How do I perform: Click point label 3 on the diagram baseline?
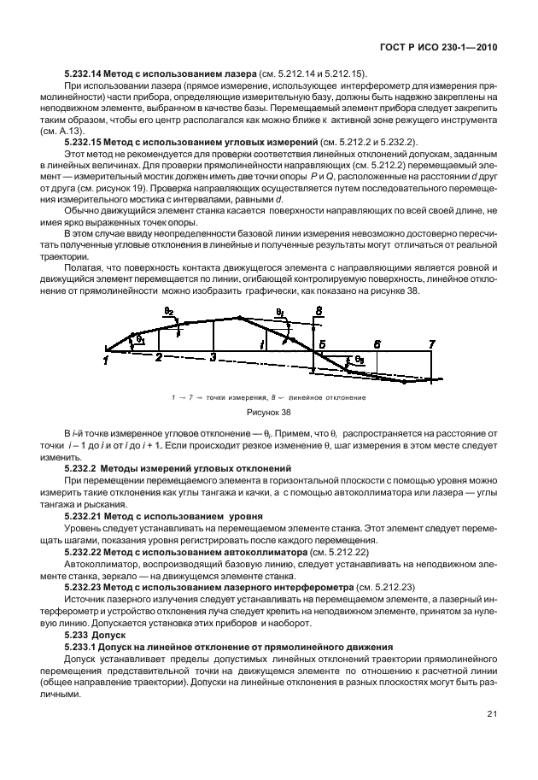pyautogui.click(x=213, y=356)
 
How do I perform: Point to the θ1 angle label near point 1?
pyautogui.click(x=140, y=340)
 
